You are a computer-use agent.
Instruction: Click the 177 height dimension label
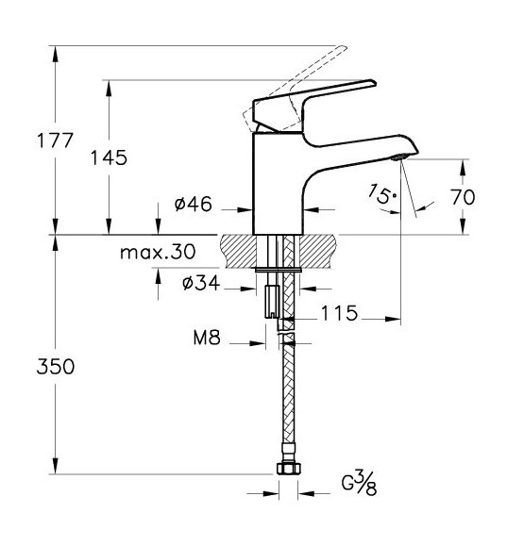tap(55, 141)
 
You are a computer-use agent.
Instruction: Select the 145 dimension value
tap(109, 157)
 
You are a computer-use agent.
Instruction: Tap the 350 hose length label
tap(56, 367)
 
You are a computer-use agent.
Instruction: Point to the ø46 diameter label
tap(194, 204)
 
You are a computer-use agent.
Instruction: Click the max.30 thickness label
tap(158, 252)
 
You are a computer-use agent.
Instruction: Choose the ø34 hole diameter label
tap(201, 282)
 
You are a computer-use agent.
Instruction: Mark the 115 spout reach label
tap(339, 313)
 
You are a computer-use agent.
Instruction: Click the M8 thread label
tap(207, 337)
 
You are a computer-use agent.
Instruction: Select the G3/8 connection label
tap(359, 482)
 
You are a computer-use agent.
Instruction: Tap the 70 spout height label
tap(463, 197)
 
